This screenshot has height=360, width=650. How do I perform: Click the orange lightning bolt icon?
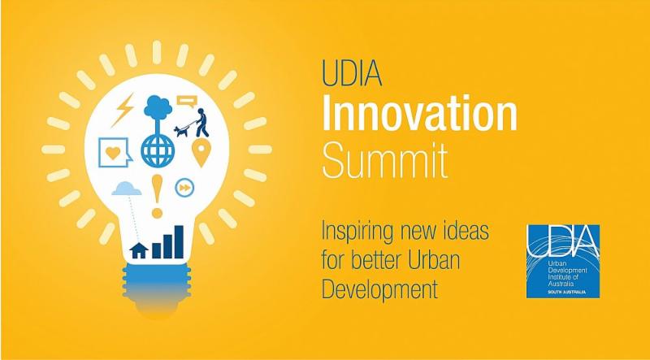pos(123,110)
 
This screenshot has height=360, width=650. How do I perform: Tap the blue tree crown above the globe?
pos(158,107)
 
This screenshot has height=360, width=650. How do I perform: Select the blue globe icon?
pos(158,150)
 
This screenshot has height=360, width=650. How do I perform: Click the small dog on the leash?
pos(181,131)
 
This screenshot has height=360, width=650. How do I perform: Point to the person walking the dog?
pos(201,123)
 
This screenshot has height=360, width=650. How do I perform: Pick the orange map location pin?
pos(201,152)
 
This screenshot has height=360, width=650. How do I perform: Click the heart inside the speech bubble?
pos(113,153)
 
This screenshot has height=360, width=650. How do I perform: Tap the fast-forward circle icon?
pos(184,188)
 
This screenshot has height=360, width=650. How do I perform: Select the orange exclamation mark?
pos(157,196)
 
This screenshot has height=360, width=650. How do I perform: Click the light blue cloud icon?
pos(127,189)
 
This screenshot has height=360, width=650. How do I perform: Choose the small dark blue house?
pos(139,250)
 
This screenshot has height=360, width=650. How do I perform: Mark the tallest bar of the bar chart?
pos(179,242)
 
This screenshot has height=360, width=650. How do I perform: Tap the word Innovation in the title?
pos(419,113)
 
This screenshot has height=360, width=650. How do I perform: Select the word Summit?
pos(384,161)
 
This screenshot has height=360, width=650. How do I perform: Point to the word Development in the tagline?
pos(379,288)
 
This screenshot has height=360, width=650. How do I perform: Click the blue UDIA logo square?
pos(563,262)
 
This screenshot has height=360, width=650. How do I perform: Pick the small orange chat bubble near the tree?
pos(187,102)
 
